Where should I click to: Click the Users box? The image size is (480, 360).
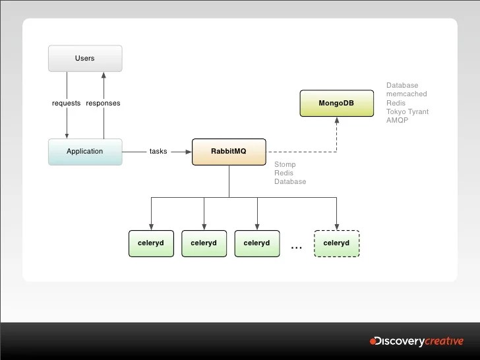point(85,58)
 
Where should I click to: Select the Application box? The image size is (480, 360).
point(85,151)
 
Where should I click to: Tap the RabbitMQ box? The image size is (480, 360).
point(228,151)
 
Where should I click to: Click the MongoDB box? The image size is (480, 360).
point(336,104)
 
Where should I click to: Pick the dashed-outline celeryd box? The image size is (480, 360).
point(336,243)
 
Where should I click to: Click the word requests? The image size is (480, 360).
point(66,104)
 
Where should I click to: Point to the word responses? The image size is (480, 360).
point(103,104)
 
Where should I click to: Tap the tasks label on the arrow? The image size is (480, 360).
point(158,151)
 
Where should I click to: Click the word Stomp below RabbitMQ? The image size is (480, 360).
point(285,164)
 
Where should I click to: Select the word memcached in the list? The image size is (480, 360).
point(405,94)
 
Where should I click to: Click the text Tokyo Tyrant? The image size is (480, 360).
point(407,111)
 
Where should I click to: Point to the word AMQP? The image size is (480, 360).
point(398,120)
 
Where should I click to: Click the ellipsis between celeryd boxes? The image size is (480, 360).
point(296,247)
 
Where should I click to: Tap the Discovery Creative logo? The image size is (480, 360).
point(416,341)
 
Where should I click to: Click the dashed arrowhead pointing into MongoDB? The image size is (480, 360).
point(336,121)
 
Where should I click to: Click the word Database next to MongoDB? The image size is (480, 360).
point(402,86)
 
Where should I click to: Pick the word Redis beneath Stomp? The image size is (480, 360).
point(284,173)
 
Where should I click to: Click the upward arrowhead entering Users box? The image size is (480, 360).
point(103,75)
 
